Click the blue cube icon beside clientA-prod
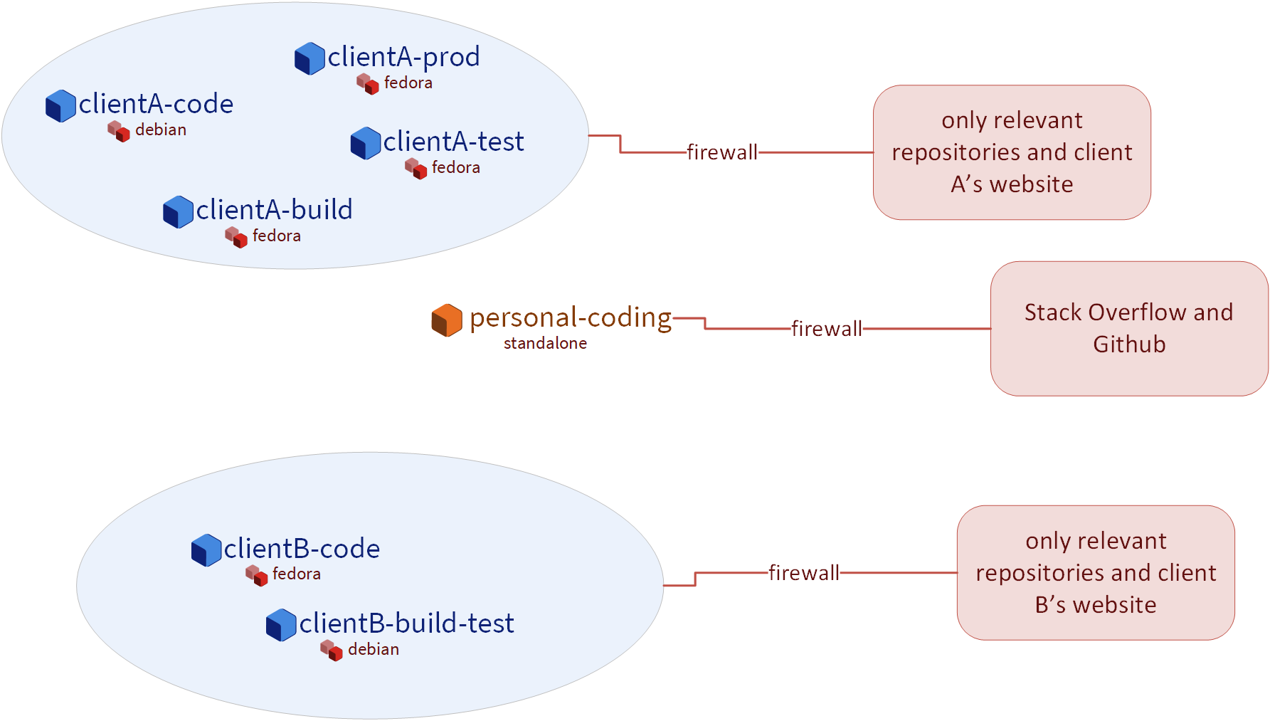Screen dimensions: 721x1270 pos(309,58)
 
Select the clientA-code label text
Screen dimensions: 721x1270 pos(156,104)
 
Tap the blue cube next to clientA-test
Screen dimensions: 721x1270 pos(366,143)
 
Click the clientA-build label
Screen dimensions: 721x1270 pos(274,210)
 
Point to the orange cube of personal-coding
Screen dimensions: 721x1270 pos(447,320)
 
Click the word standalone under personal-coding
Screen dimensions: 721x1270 pos(545,343)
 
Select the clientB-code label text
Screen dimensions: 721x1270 pos(302,549)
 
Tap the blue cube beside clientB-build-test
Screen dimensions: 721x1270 pos(281,625)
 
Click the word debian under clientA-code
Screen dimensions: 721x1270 pos(161,130)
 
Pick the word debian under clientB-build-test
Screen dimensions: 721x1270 pos(374,649)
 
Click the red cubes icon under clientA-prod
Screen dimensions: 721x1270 pos(367,83)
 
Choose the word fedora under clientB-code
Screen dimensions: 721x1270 pos(297,574)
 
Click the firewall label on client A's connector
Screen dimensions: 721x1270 pos(721,152)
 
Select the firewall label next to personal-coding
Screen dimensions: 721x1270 pos(826,329)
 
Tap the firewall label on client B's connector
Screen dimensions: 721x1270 pos(803,573)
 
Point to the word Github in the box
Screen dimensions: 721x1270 pos(1129,344)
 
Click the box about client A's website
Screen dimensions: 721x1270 pos(1012,152)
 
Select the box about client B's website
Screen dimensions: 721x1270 pos(1096,573)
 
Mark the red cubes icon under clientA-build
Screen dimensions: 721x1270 pos(236,236)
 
